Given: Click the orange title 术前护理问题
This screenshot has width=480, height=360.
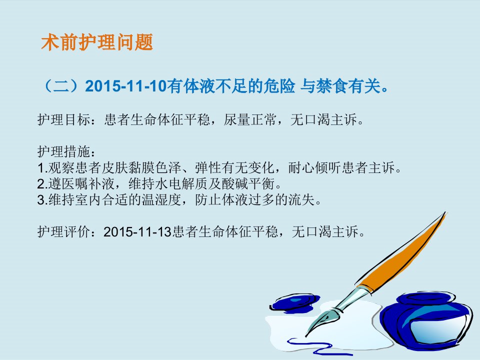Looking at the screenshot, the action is tap(97, 42).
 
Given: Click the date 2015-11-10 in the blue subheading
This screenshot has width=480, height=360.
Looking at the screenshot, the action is tap(125, 86).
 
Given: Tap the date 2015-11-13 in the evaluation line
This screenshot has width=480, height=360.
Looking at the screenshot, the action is tap(137, 231).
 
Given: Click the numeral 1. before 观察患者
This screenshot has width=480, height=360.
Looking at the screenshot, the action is tap(42, 168).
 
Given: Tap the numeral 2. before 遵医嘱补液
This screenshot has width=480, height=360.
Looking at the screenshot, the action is tap(42, 184).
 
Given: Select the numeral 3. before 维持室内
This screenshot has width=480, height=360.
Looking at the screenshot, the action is tap(42, 200).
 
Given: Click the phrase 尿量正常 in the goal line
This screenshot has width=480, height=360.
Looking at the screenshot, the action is tap(250, 119).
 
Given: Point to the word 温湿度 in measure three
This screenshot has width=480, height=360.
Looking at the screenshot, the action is tap(161, 200).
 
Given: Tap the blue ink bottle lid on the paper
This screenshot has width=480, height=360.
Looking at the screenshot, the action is tap(295, 302).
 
